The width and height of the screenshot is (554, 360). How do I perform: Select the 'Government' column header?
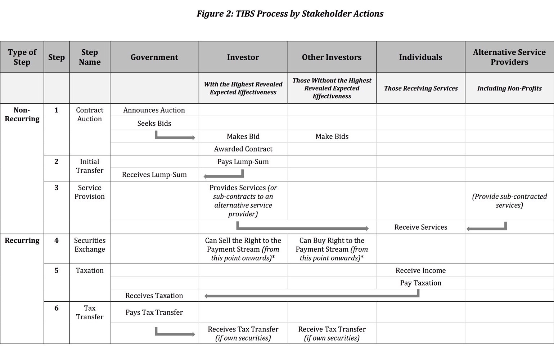coord(154,57)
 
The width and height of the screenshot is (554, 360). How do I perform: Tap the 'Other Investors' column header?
coord(332,57)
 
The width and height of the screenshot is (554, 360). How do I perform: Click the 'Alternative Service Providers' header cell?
coord(509,57)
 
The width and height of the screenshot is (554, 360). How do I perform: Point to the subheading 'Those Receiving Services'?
coord(420,88)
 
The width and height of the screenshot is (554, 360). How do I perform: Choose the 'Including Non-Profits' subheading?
coord(509,88)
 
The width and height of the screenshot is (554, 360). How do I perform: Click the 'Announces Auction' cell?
coord(154,110)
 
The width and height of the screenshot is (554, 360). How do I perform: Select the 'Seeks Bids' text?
coord(154,123)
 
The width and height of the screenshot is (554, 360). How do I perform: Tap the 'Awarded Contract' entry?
coord(243,149)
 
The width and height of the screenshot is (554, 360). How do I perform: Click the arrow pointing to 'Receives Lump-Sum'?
coord(223,176)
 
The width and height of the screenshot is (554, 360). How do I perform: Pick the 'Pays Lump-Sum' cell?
coord(243,162)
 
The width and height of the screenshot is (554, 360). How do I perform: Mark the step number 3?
coord(57,188)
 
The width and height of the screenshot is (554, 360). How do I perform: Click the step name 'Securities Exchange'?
coord(90,245)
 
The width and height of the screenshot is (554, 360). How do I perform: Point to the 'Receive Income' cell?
coord(420,270)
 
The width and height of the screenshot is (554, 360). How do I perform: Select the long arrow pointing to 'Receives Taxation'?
coord(311,296)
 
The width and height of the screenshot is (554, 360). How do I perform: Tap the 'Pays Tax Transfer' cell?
coord(154,312)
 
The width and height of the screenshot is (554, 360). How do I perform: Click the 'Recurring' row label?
coord(22,240)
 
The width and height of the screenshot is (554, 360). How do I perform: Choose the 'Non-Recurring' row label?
coord(22,114)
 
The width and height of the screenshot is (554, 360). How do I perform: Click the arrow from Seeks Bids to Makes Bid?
coord(175,137)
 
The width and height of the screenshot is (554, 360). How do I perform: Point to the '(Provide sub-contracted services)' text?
coord(509,201)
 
